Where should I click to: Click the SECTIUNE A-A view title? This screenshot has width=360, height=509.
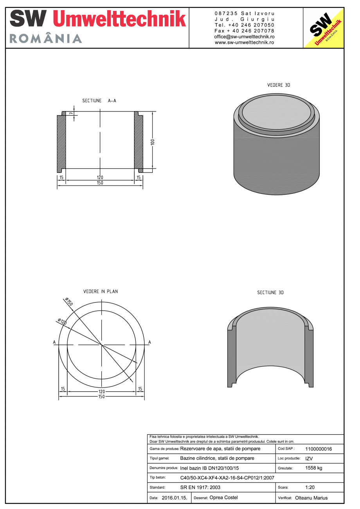pyautogui.click(x=99, y=101)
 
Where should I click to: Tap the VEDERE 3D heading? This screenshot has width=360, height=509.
pyautogui.click(x=279, y=85)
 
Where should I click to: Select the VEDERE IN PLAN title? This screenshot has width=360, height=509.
pyautogui.click(x=101, y=291)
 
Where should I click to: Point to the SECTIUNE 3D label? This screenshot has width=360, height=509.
pyautogui.click(x=270, y=293)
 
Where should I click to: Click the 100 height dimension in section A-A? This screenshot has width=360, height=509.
pyautogui.click(x=153, y=142)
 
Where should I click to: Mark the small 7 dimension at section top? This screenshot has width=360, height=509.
pyautogui.click(x=71, y=113)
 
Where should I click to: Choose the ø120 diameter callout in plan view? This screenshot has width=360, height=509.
pyautogui.click(x=62, y=322)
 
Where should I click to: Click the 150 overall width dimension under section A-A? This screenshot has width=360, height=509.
pyautogui.click(x=100, y=183)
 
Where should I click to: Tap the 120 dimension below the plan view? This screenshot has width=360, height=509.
pyautogui.click(x=101, y=391)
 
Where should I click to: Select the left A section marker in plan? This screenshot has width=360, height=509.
pyautogui.click(x=54, y=342)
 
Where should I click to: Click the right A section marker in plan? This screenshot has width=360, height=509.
pyautogui.click(x=149, y=342)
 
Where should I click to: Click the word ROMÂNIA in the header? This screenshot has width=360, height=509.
pyautogui.click(x=46, y=39)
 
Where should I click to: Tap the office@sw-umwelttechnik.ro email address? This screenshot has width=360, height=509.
pyautogui.click(x=244, y=36)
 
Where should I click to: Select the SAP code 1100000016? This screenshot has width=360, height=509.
pyautogui.click(x=318, y=449)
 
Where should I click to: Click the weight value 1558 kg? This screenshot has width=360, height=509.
pyautogui.click(x=313, y=468)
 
